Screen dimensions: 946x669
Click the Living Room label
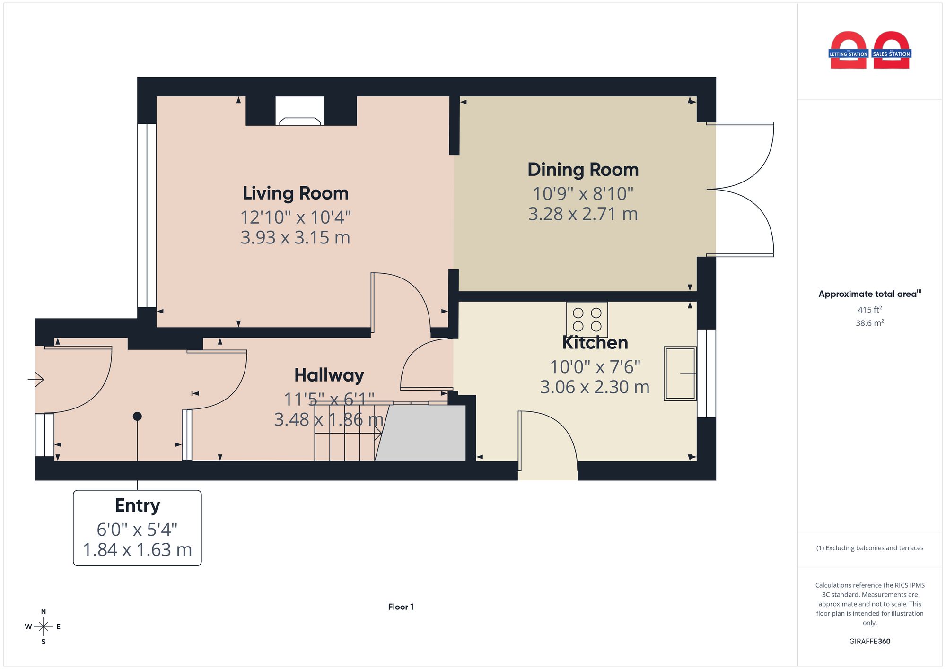(296, 193)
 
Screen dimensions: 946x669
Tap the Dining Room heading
(583, 170)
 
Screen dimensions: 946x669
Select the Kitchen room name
(595, 342)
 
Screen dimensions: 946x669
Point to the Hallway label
(329, 375)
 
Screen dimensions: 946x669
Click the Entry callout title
(137, 505)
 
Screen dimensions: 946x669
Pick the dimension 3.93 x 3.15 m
(296, 237)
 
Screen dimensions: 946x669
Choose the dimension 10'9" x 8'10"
(583, 194)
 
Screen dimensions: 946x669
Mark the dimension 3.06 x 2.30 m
(595, 387)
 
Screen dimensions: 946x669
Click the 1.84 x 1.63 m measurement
(137, 550)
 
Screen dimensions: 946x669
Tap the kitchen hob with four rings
(587, 319)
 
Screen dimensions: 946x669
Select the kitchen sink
(680, 374)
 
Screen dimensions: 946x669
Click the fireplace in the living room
(300, 111)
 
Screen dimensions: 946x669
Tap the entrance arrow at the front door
(36, 379)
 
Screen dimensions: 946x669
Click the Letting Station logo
(849, 51)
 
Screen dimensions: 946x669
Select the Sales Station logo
(892, 51)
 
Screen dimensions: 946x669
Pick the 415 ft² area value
(870, 310)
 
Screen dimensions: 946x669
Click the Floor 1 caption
(401, 607)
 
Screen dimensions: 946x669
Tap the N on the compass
(44, 612)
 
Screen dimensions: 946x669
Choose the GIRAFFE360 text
(870, 642)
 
